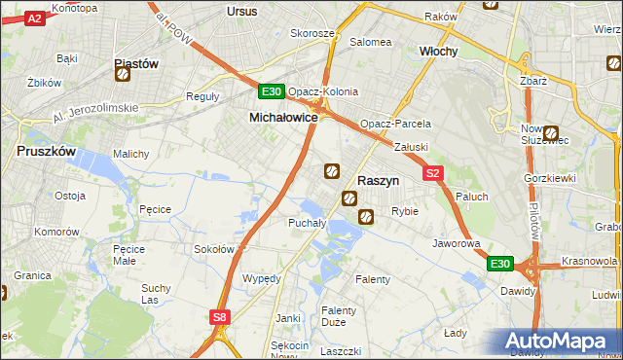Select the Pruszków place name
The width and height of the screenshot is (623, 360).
(x=47, y=152)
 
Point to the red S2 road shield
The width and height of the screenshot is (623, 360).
(x=434, y=173)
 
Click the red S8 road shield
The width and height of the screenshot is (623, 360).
(x=221, y=316)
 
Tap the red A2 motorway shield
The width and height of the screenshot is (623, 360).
(x=33, y=18)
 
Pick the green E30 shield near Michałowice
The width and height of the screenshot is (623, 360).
(x=272, y=92)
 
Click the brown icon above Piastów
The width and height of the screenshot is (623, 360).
(x=123, y=72)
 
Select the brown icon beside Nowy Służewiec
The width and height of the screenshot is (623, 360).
(x=552, y=134)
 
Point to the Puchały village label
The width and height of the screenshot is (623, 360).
(x=279, y=223)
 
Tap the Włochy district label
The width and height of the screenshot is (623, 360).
(x=438, y=51)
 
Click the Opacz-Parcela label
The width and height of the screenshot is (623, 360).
(x=395, y=125)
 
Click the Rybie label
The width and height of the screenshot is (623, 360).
(x=404, y=211)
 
